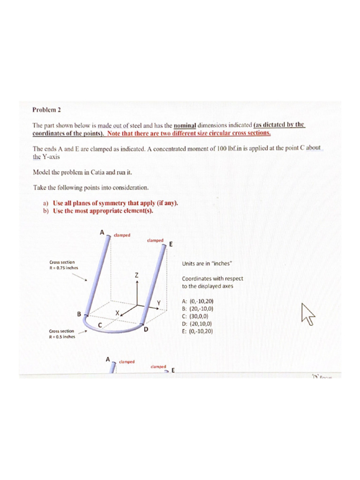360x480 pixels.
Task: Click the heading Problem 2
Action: click(x=47, y=110)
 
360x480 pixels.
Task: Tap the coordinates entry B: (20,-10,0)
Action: click(x=199, y=309)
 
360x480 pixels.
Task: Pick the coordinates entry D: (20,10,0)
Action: click(x=199, y=323)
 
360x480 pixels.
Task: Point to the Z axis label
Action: click(x=136, y=276)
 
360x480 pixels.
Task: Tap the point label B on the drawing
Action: click(x=79, y=314)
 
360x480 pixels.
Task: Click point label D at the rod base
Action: click(x=146, y=330)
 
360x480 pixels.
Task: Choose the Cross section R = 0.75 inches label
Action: click(x=64, y=265)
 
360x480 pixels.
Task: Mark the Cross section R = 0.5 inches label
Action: click(x=62, y=333)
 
